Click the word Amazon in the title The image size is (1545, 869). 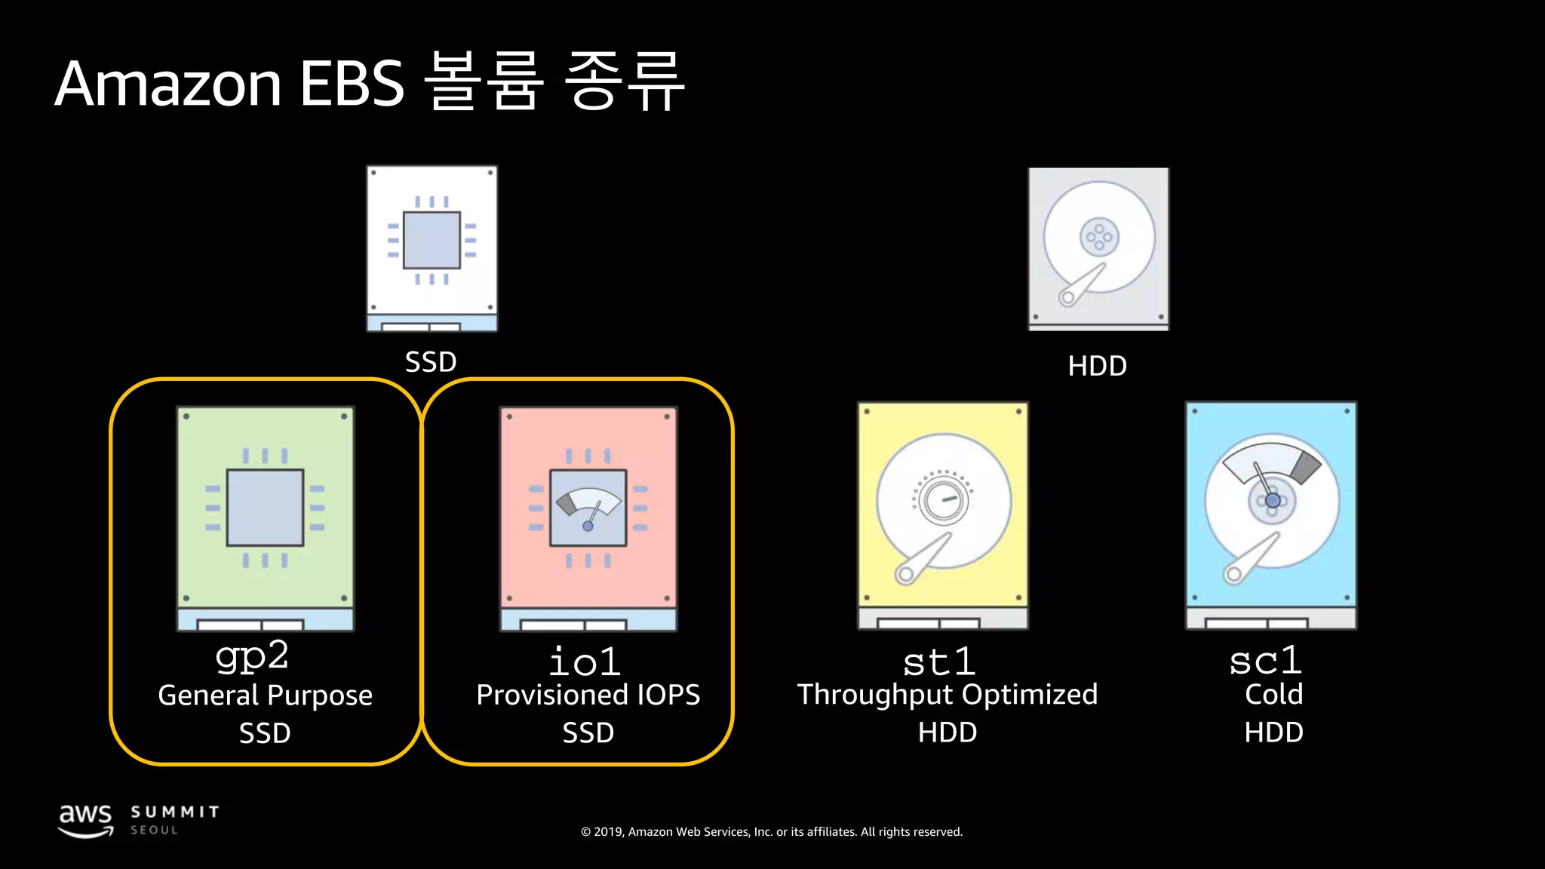[x=167, y=83]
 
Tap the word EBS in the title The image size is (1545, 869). [x=352, y=83]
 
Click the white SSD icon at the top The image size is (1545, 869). [x=432, y=248]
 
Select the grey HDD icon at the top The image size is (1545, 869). [x=1098, y=248]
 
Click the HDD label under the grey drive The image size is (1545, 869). [x=1097, y=366]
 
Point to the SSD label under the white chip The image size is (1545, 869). [x=431, y=362]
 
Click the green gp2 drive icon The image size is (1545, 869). [x=266, y=517]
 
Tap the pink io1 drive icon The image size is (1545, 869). [x=588, y=517]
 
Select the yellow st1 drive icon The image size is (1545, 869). [x=943, y=515]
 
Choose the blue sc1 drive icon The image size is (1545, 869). [x=1271, y=515]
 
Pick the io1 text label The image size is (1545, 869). [x=585, y=662]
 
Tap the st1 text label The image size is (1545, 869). [x=939, y=662]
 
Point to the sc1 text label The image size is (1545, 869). [x=1265, y=661]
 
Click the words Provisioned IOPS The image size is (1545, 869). [x=588, y=695]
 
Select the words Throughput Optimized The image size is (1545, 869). [x=948, y=695]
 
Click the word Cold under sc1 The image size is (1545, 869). [x=1273, y=694]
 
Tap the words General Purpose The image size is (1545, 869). [x=265, y=696]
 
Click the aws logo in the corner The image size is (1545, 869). [x=86, y=820]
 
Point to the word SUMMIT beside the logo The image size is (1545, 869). [x=175, y=812]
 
